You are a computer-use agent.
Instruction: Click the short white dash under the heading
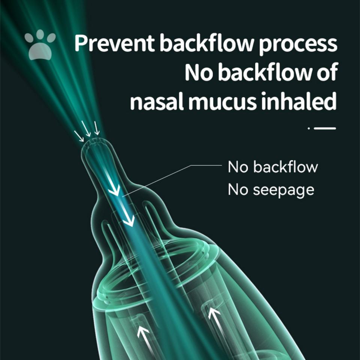[x=325, y=129]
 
